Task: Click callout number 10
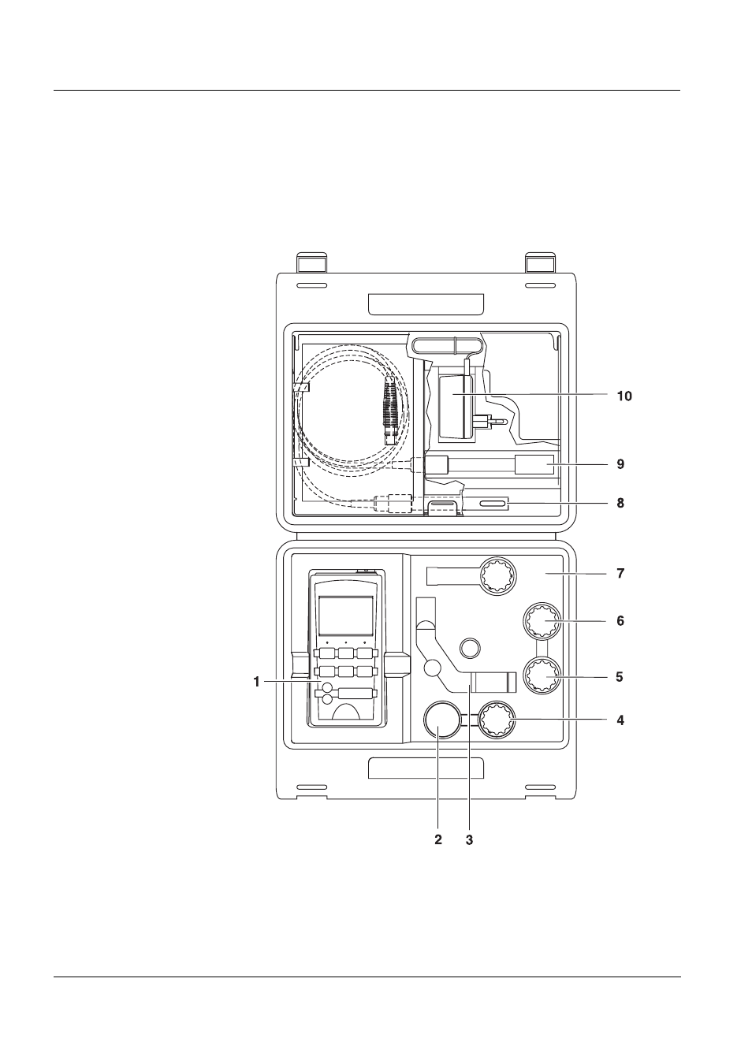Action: coord(624,396)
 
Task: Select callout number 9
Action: coord(620,464)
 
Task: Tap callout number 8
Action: coord(620,503)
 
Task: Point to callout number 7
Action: coord(620,574)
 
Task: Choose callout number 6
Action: coord(620,621)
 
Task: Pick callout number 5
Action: coord(620,676)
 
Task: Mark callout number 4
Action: coord(620,720)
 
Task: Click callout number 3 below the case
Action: coord(469,840)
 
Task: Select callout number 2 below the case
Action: coord(438,840)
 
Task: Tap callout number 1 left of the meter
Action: coord(256,682)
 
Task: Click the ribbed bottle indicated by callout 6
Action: coord(542,623)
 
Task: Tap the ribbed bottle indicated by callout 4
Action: coord(497,720)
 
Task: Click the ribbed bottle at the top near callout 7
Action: coord(497,577)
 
